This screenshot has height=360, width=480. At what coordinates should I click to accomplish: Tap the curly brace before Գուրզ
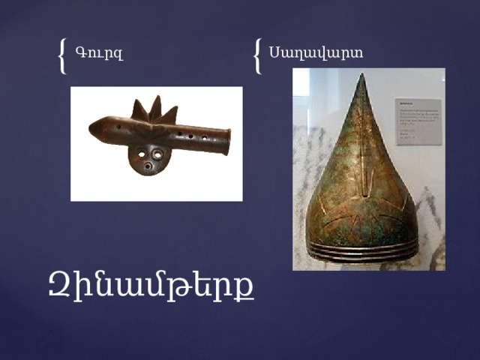coord(62,55)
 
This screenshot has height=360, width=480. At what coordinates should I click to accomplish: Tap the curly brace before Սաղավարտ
coord(258,55)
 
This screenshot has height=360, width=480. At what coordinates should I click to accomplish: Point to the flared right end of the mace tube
coord(226,141)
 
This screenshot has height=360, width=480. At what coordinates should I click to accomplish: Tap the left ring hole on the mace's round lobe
coord(140,154)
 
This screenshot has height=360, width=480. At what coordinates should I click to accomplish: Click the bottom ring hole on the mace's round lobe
coord(149,166)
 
